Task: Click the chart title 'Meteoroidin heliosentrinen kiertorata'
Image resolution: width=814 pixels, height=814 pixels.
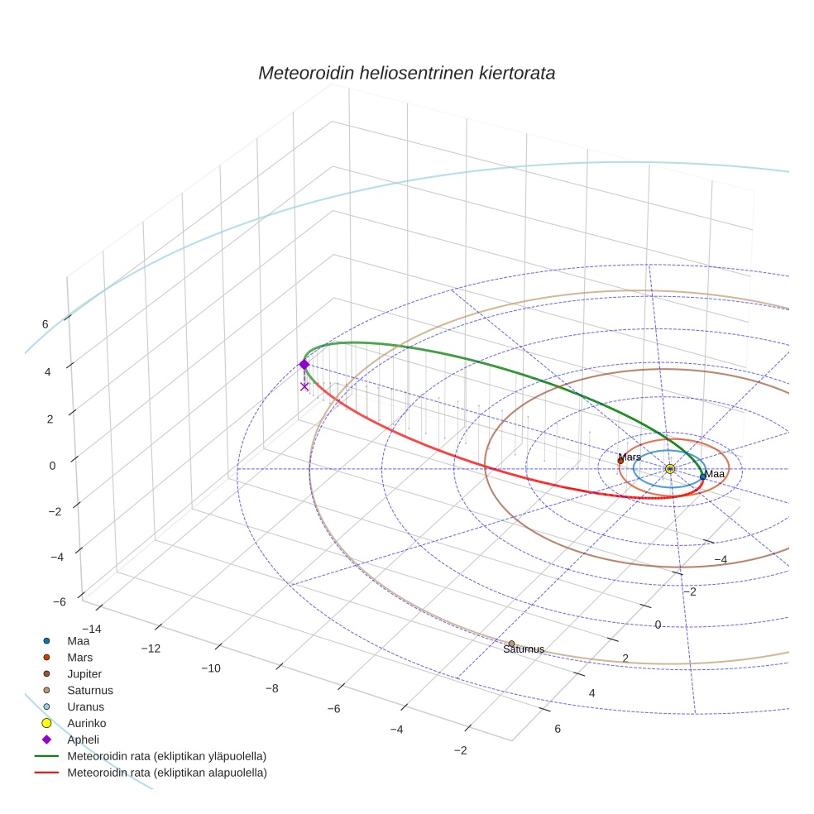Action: [x=406, y=73]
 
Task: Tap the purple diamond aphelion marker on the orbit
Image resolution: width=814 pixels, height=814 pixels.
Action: [x=304, y=365]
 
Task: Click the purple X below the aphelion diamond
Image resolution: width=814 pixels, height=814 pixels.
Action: [x=304, y=386]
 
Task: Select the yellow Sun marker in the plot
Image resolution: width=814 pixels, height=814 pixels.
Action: [x=670, y=469]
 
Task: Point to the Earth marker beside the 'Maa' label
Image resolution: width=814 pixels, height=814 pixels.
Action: [x=702, y=476]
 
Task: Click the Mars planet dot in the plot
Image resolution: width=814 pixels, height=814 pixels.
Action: [x=620, y=461]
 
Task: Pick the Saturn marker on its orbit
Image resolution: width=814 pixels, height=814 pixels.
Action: [x=511, y=644]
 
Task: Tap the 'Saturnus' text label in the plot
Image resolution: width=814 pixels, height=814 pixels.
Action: [x=524, y=649]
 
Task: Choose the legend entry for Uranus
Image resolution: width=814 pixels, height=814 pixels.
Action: [x=85, y=706]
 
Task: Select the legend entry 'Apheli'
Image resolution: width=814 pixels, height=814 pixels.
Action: [x=83, y=740]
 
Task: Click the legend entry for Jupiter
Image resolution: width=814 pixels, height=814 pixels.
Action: [x=84, y=673]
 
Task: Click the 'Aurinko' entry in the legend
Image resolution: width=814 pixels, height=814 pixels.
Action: [x=85, y=723]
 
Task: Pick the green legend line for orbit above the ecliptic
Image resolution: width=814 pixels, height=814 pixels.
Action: [x=48, y=756]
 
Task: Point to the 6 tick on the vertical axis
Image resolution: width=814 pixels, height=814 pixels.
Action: [x=45, y=324]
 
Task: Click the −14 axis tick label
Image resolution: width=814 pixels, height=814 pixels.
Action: [x=91, y=630]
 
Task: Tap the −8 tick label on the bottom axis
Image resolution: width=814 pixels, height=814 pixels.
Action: [x=272, y=688]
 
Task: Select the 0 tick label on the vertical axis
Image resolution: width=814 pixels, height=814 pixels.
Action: [x=53, y=465]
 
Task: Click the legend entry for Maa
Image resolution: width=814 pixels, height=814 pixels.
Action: [x=78, y=640]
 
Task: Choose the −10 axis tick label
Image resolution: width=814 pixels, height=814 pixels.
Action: [x=211, y=668]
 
